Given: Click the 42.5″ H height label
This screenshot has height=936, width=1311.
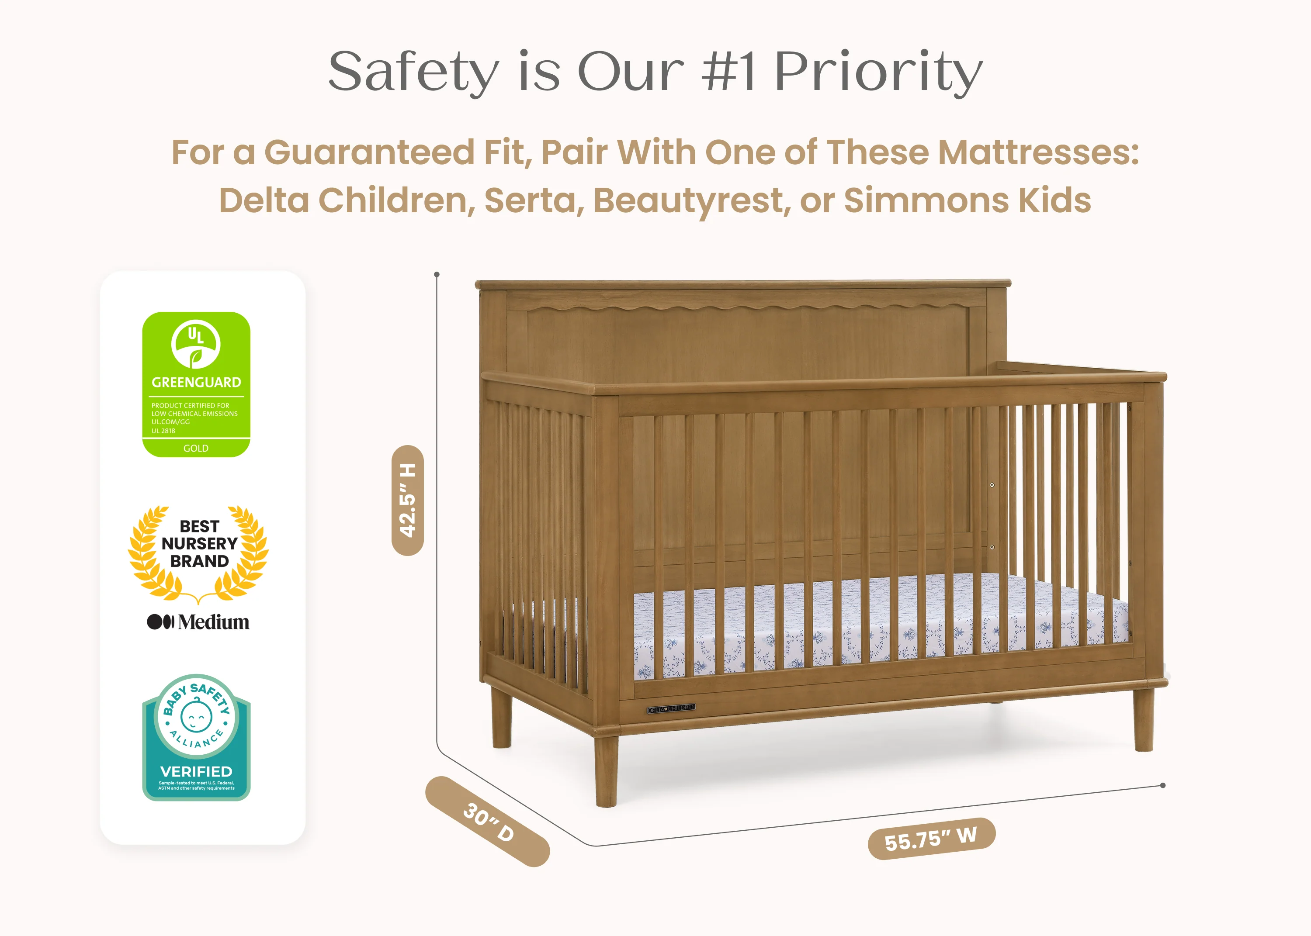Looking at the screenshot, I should [408, 500].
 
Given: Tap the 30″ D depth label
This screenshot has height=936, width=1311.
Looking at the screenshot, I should [488, 821].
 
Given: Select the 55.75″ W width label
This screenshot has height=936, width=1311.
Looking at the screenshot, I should [931, 839].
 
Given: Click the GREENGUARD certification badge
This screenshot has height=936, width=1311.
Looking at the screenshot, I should [196, 384].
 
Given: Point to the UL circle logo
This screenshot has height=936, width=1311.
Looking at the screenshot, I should [196, 344].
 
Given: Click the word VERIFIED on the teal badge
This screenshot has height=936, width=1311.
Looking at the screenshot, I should [196, 772].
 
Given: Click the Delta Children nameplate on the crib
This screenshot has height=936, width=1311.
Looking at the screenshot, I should [670, 709].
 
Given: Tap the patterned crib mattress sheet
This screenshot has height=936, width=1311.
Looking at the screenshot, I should [865, 622].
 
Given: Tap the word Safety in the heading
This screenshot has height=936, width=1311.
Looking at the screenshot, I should [413, 72].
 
